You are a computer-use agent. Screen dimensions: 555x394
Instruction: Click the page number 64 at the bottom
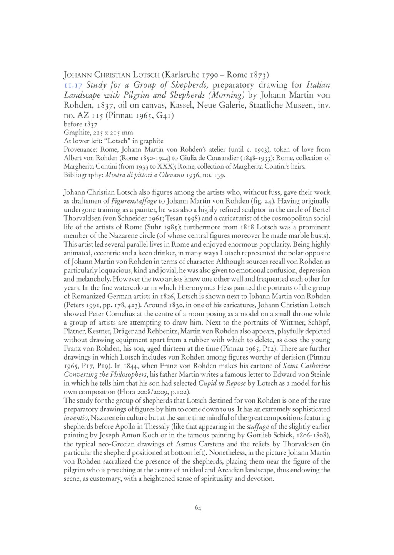[198, 508]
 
